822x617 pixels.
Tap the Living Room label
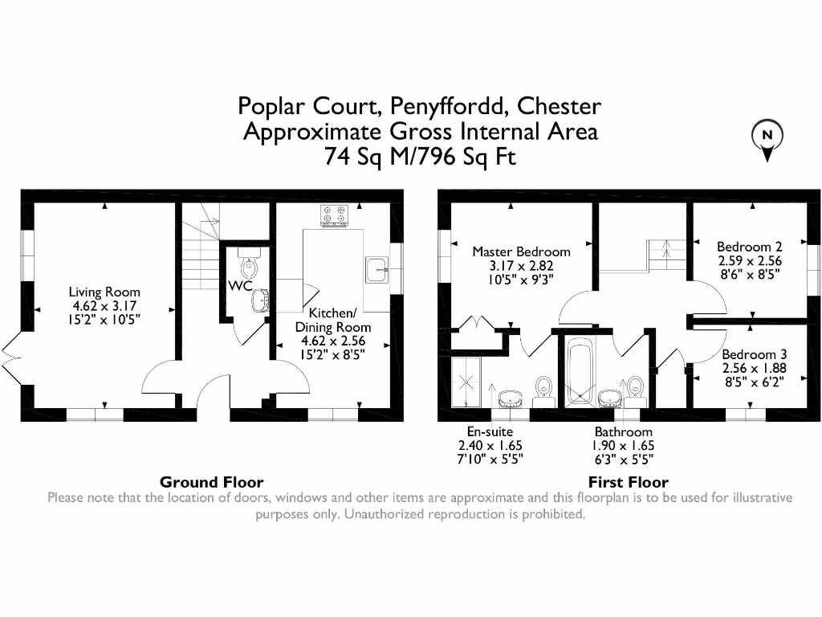pyautogui.click(x=104, y=292)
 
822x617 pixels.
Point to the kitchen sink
pyautogui.click(x=376, y=270)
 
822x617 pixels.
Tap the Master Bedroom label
pyautogui.click(x=521, y=251)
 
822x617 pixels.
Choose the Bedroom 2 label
pyautogui.click(x=749, y=247)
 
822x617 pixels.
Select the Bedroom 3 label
pyautogui.click(x=754, y=354)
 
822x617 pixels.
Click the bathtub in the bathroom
pyautogui.click(x=578, y=372)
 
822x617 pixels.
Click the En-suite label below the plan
pyautogui.click(x=490, y=431)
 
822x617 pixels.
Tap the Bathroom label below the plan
pyautogui.click(x=623, y=431)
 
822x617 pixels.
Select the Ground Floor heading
pyautogui.click(x=211, y=482)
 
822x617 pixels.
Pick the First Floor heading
pyautogui.click(x=628, y=482)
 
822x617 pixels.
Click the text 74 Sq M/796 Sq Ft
pyautogui.click(x=420, y=156)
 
